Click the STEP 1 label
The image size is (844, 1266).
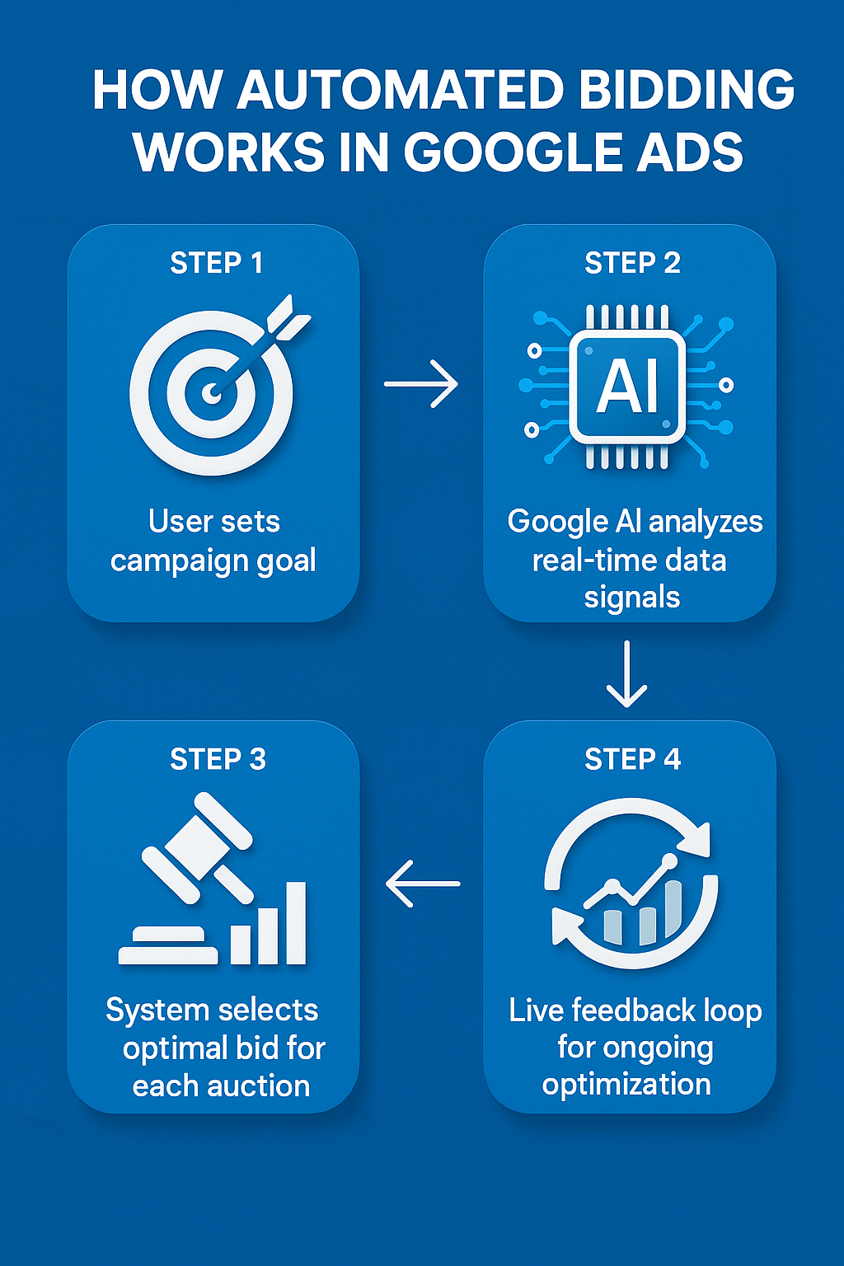click(216, 263)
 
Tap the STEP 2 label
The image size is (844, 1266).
click(632, 263)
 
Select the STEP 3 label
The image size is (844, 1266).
click(218, 759)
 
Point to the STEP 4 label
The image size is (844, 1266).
click(632, 759)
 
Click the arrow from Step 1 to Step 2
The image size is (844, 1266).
click(421, 383)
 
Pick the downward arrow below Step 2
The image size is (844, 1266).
click(626, 674)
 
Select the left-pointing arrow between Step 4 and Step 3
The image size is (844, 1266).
click(423, 884)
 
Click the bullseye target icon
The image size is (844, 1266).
click(211, 392)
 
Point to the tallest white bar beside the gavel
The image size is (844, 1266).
click(295, 923)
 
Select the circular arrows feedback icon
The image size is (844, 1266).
click(631, 884)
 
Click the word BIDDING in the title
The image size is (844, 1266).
click(687, 90)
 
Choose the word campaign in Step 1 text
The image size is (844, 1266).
click(178, 561)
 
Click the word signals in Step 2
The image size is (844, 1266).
click(631, 598)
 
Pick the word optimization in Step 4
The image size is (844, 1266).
click(626, 1085)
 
